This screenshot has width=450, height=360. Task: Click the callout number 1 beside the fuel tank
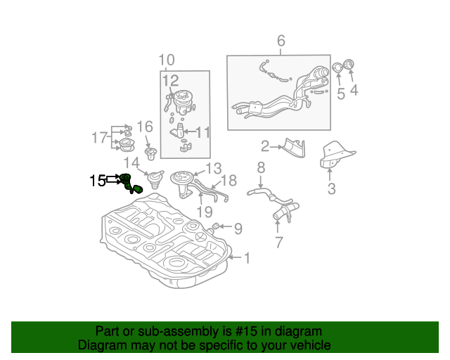(247, 258)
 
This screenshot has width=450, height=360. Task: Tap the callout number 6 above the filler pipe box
(281, 41)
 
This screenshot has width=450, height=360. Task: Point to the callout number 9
(238, 228)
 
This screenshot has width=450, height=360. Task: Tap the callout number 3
(331, 188)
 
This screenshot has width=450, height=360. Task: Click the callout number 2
(265, 146)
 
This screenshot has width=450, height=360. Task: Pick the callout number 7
(278, 243)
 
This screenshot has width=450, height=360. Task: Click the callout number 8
(260, 167)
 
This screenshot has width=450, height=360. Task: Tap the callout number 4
(354, 89)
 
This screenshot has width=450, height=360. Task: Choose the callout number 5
(340, 94)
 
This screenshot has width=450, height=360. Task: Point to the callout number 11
(202, 131)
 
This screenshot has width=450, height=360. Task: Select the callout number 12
(171, 81)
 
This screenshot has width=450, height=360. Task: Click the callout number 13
(213, 168)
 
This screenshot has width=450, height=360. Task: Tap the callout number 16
(144, 127)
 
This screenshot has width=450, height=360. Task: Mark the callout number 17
(99, 137)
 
